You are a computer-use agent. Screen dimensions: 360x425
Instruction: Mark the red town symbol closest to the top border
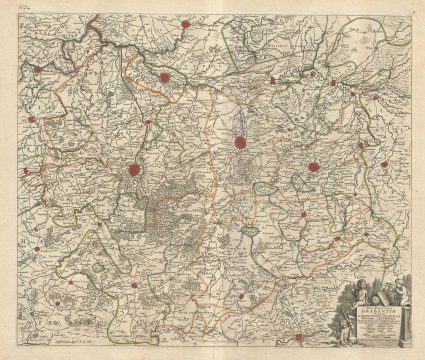[x=187, y=21]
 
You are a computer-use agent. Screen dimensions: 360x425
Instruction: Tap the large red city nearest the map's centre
[x=240, y=143]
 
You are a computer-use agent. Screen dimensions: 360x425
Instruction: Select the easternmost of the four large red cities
[x=314, y=168]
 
